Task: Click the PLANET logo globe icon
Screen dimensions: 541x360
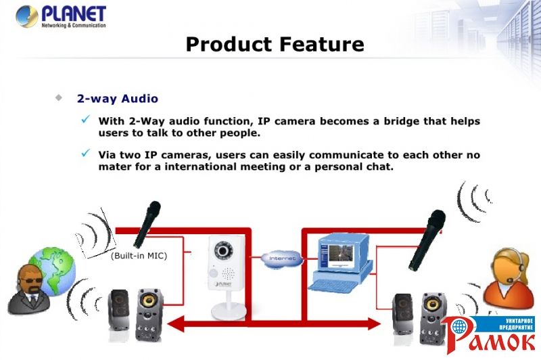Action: (x=26, y=16)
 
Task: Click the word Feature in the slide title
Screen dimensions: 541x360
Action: (x=322, y=44)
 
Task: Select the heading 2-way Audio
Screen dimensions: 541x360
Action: (x=118, y=99)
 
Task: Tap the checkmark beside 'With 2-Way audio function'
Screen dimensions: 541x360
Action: (x=86, y=119)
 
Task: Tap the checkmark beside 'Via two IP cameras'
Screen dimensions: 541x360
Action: (x=86, y=153)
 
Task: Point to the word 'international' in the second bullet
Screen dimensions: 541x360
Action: (x=201, y=166)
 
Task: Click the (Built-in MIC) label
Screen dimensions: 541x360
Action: (x=139, y=256)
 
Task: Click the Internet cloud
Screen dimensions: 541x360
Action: (x=282, y=258)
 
